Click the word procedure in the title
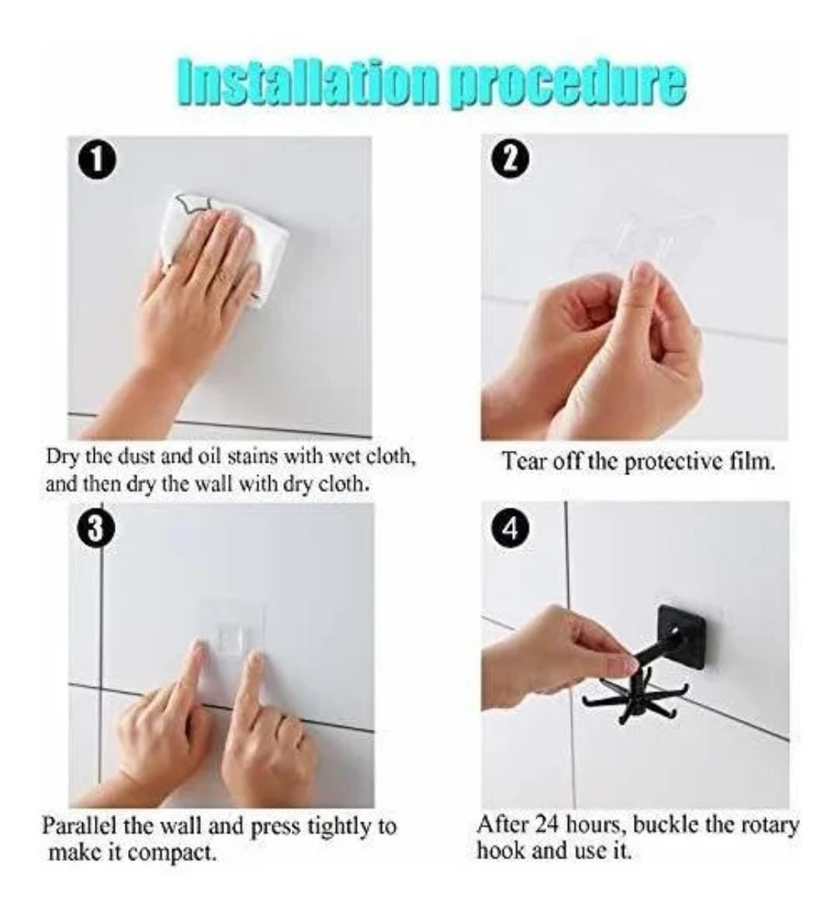click(x=567, y=85)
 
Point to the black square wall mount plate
click(x=680, y=635)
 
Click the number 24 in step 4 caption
click(x=549, y=824)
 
